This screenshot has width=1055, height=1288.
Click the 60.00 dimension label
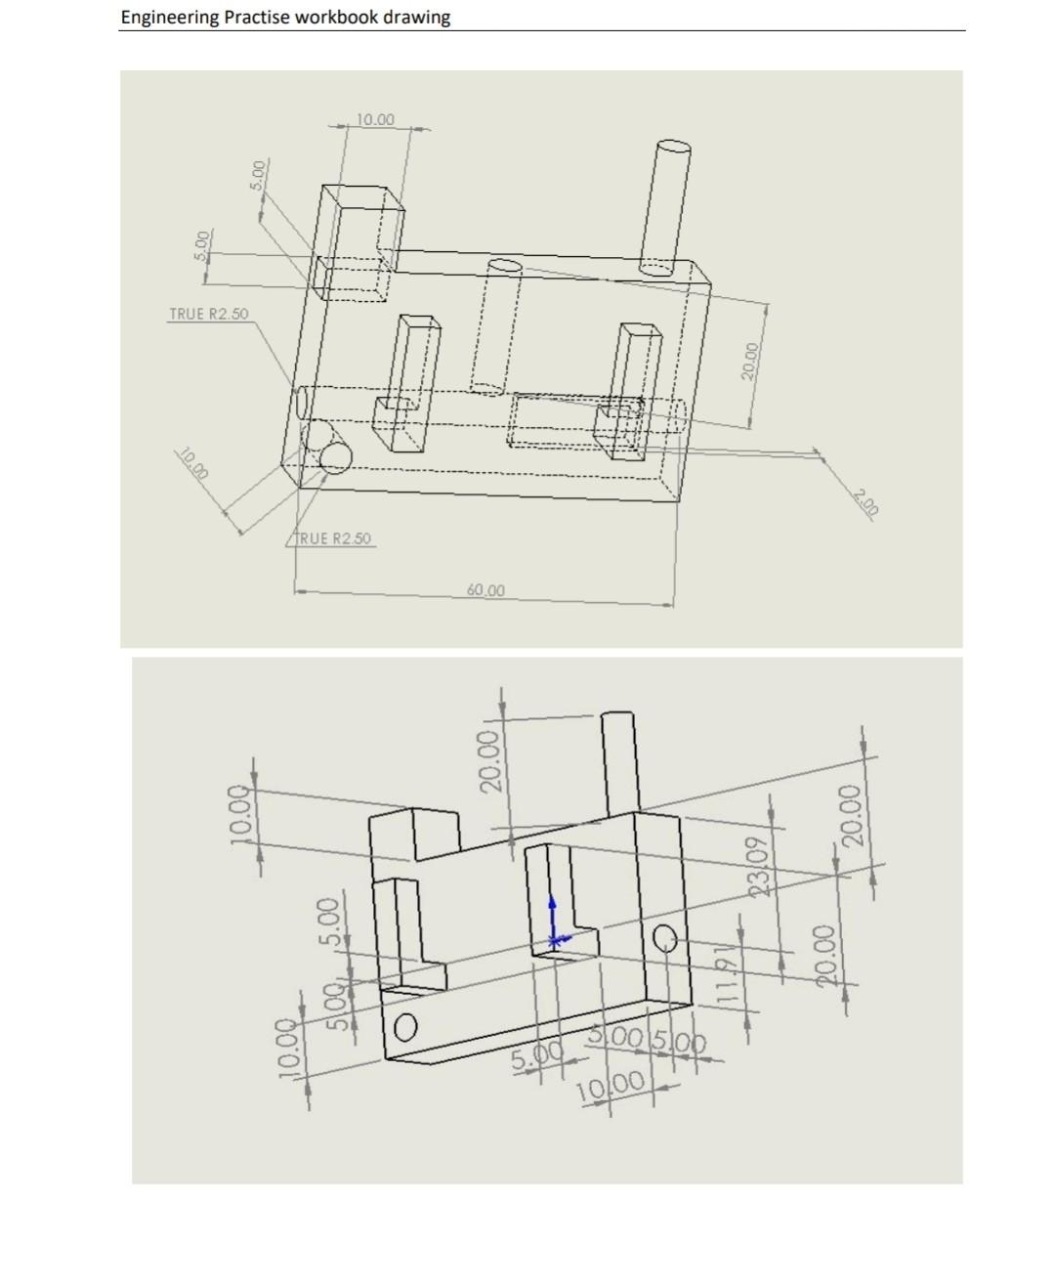tap(485, 590)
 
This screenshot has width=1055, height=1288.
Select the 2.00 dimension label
tap(865, 500)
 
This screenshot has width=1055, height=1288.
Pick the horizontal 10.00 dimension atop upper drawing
tap(375, 119)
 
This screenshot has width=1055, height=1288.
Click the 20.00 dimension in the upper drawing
tap(749, 362)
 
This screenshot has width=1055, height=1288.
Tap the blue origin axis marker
tap(553, 923)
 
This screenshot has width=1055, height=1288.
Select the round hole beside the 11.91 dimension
tap(665, 938)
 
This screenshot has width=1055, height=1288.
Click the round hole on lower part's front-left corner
tap(405, 1026)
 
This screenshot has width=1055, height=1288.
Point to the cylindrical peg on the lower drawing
tap(618, 762)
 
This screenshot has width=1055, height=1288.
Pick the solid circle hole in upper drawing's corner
tap(335, 457)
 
